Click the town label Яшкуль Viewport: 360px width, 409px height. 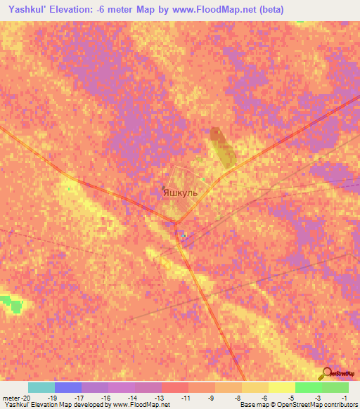180,192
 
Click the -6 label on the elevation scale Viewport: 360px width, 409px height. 264,398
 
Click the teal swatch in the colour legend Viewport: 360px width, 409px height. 41,387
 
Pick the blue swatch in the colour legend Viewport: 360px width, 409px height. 67,387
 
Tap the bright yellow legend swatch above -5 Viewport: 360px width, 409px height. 281,387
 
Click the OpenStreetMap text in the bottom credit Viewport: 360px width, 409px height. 323,405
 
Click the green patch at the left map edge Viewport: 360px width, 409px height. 11,304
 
